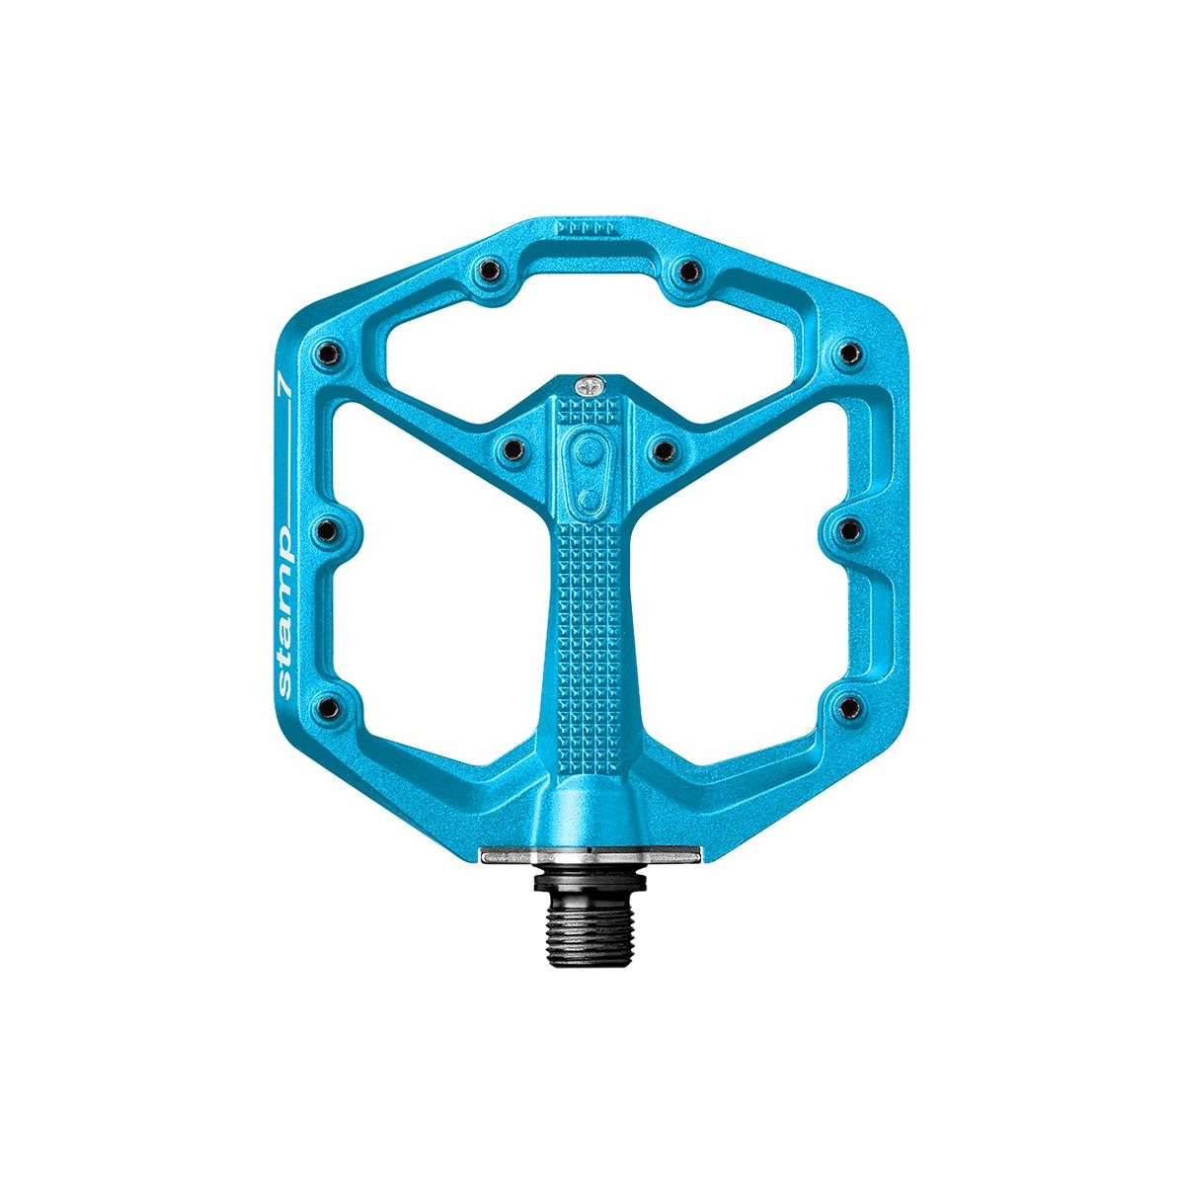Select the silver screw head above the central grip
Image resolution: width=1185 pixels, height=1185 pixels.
589,385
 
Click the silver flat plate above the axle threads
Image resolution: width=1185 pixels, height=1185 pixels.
590,856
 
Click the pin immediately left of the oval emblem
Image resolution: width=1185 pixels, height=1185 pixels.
512,449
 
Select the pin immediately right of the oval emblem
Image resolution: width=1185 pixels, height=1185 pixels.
663,449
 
